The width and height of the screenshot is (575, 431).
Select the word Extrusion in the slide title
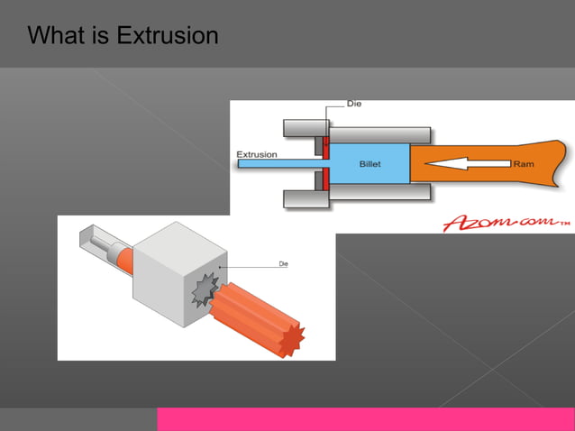click(169, 36)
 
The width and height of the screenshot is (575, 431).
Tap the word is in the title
click(102, 36)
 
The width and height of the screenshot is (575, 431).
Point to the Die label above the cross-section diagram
click(354, 105)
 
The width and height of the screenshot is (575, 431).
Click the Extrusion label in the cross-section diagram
click(257, 154)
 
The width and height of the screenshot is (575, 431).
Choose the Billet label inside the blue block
click(370, 165)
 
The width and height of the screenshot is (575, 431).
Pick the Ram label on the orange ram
click(524, 164)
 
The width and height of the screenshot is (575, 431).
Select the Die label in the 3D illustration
click(283, 263)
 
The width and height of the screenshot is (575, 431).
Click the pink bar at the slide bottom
click(365, 419)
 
